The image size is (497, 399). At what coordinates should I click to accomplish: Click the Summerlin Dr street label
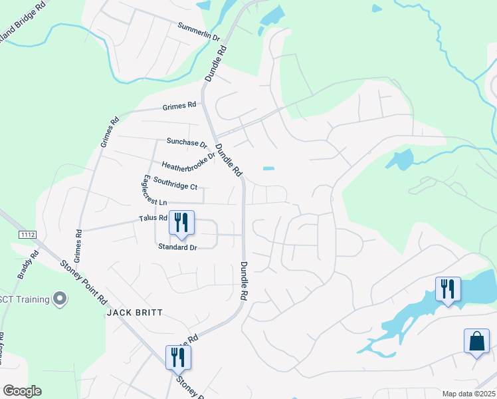pyautogui.click(x=198, y=31)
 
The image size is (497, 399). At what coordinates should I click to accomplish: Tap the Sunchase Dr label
pyautogui.click(x=187, y=142)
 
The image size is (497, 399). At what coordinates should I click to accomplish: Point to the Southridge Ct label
pyautogui.click(x=175, y=182)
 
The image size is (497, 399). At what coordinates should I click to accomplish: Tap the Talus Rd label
pyautogui.click(x=153, y=218)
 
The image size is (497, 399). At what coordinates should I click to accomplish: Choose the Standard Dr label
pyautogui.click(x=178, y=247)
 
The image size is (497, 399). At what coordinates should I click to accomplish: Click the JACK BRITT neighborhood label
pyautogui.click(x=135, y=312)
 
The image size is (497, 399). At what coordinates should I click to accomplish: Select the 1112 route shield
pyautogui.click(x=28, y=235)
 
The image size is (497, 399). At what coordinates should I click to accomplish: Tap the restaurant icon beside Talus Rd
pyautogui.click(x=181, y=223)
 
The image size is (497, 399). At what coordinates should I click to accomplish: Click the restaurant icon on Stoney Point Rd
pyautogui.click(x=178, y=357)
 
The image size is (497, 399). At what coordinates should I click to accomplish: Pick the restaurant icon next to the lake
pyautogui.click(x=448, y=289)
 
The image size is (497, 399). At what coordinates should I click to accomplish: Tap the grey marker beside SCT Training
pyautogui.click(x=60, y=299)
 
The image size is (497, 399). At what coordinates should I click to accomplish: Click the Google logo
pyautogui.click(x=21, y=391)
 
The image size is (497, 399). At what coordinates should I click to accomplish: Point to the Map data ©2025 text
pyautogui.click(x=468, y=394)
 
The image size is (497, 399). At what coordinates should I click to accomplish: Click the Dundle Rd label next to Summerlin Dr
pyautogui.click(x=216, y=64)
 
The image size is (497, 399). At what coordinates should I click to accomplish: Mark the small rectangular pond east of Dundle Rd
pyautogui.click(x=268, y=168)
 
